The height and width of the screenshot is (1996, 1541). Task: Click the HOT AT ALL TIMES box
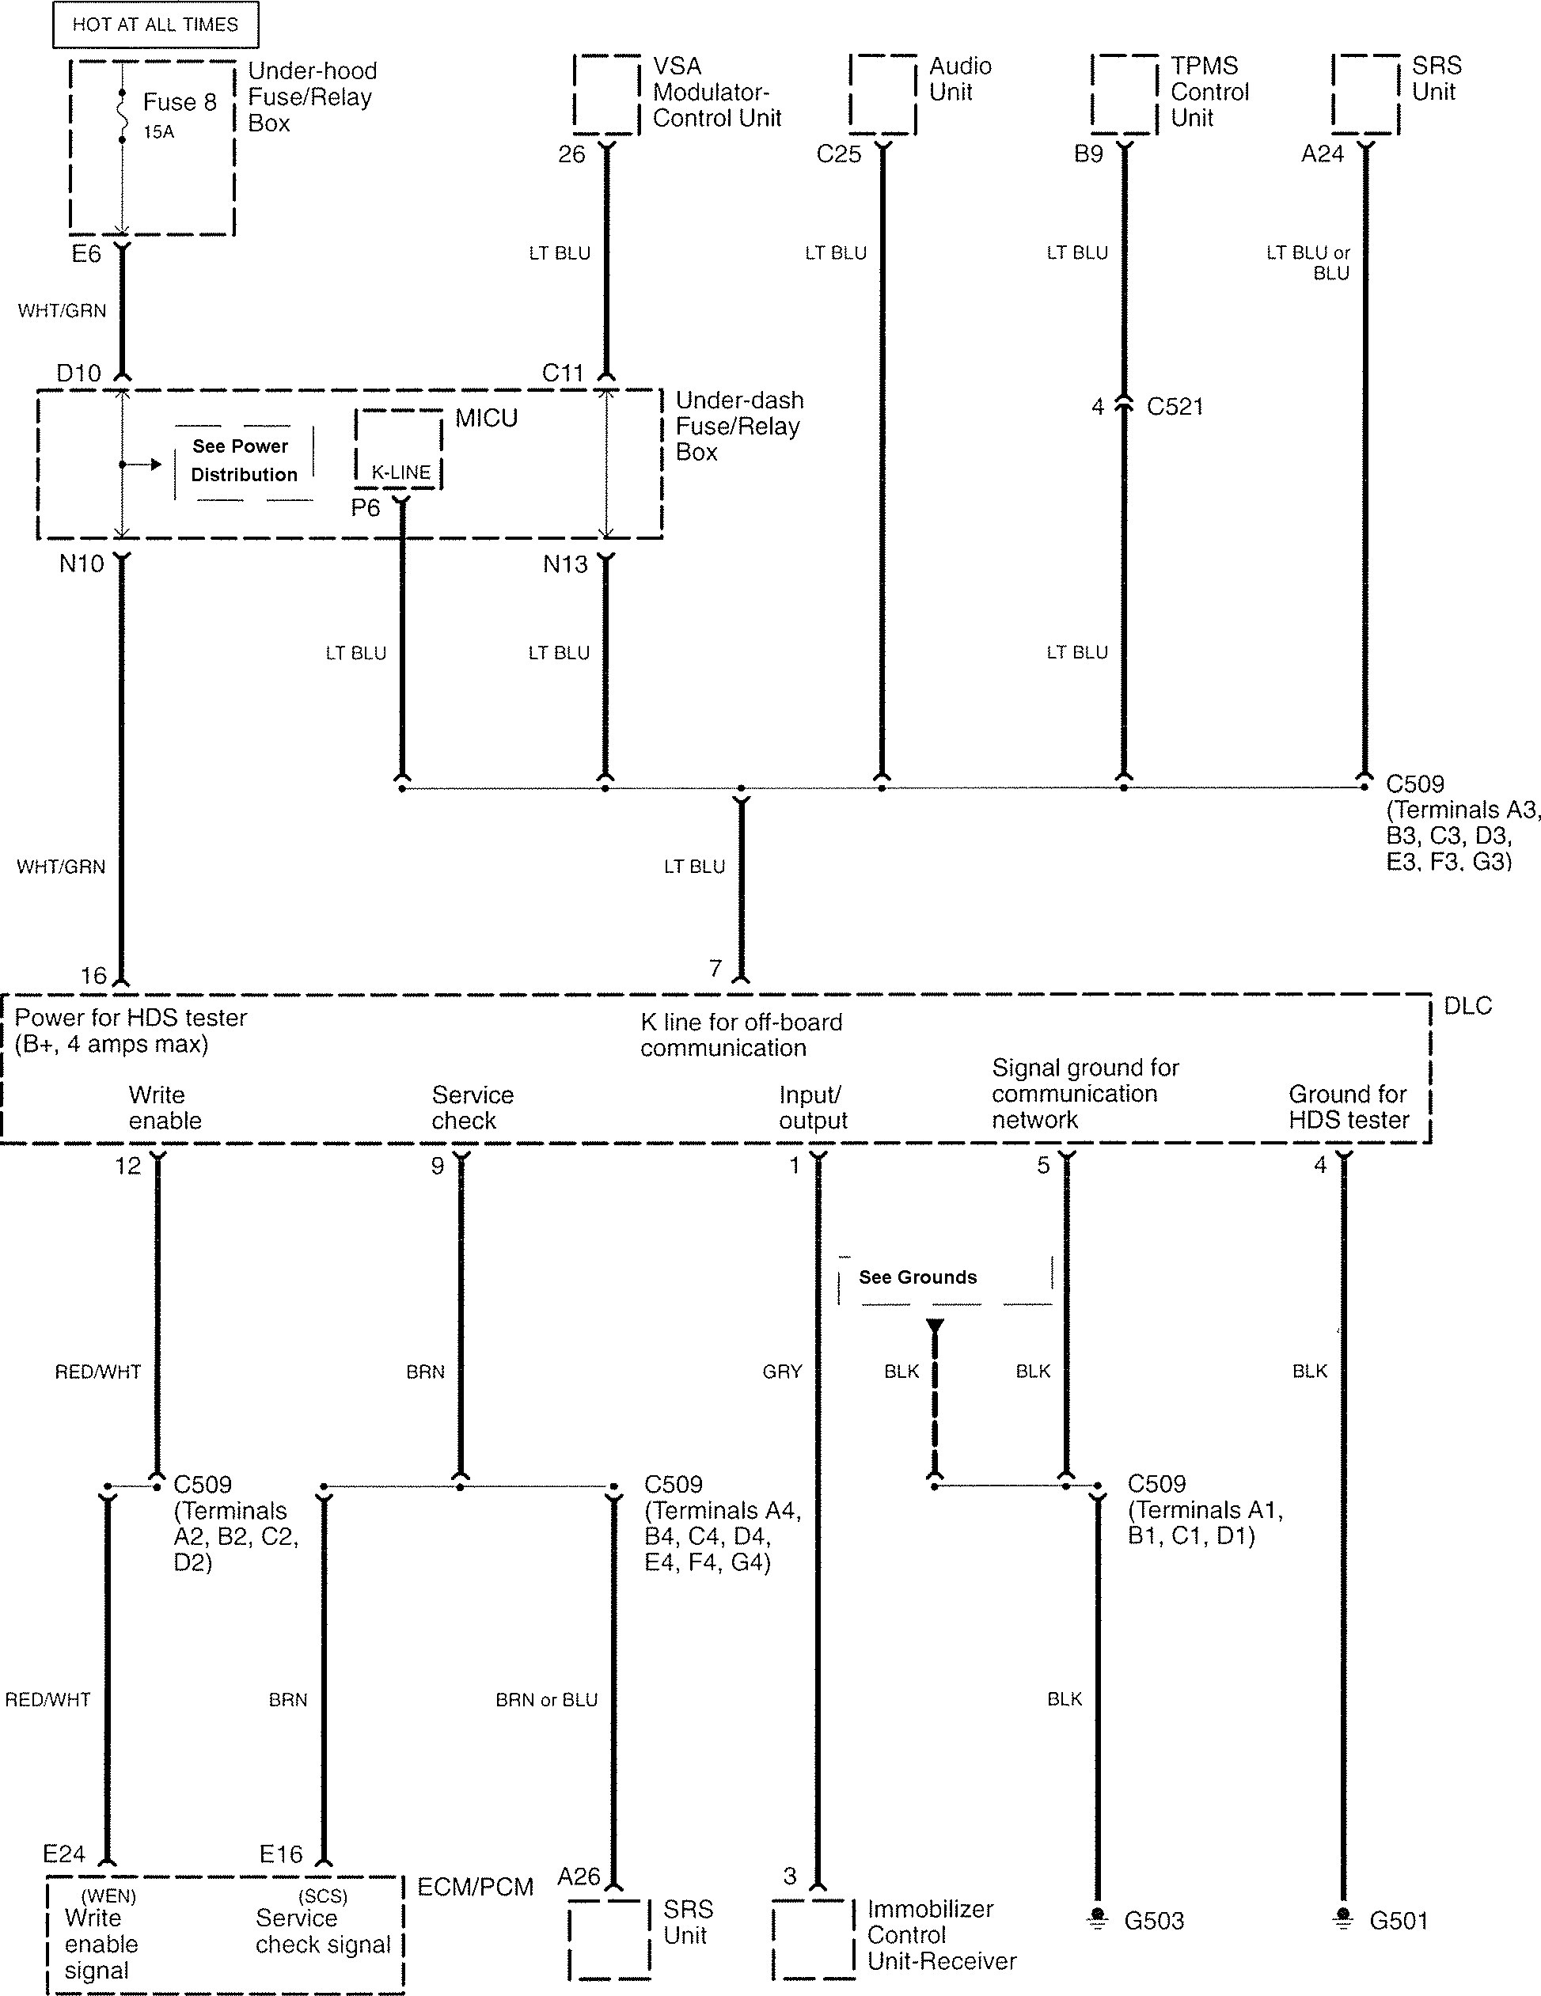coord(155,25)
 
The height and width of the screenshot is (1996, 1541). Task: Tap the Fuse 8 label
coord(179,102)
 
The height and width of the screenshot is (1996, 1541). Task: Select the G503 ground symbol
coord(1098,1918)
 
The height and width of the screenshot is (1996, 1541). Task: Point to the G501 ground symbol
coord(1342,1918)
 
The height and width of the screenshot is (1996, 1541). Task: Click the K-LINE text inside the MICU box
coord(400,472)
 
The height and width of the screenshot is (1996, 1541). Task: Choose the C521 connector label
coord(1175,407)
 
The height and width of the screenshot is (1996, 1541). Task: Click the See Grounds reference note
coord(917,1277)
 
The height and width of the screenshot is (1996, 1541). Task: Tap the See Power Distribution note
coord(244,461)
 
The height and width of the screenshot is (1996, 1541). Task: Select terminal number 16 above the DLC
coord(93,976)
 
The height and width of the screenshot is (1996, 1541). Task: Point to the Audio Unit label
coord(960,78)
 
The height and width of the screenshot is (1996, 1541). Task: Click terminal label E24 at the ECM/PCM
coord(64,1854)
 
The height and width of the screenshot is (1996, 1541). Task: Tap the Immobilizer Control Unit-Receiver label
coord(940,1935)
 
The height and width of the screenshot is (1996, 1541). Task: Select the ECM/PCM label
coord(474,1888)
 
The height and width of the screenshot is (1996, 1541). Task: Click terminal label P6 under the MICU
coord(365,508)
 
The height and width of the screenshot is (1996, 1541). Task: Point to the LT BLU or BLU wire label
coord(1308,262)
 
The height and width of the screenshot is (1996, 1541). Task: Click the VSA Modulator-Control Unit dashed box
coord(606,94)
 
